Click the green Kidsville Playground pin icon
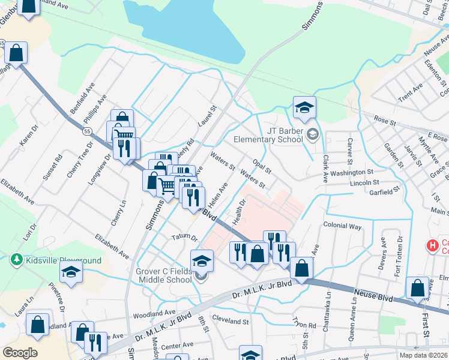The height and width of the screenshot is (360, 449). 16,260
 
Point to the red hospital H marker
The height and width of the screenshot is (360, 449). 431,245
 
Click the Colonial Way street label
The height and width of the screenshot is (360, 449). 342,227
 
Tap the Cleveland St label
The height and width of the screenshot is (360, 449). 231,322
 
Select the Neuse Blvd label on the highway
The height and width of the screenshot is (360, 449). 373,294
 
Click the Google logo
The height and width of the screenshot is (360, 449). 20,353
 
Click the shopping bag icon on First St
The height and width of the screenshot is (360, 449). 417,289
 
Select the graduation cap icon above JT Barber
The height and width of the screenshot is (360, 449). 304,108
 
